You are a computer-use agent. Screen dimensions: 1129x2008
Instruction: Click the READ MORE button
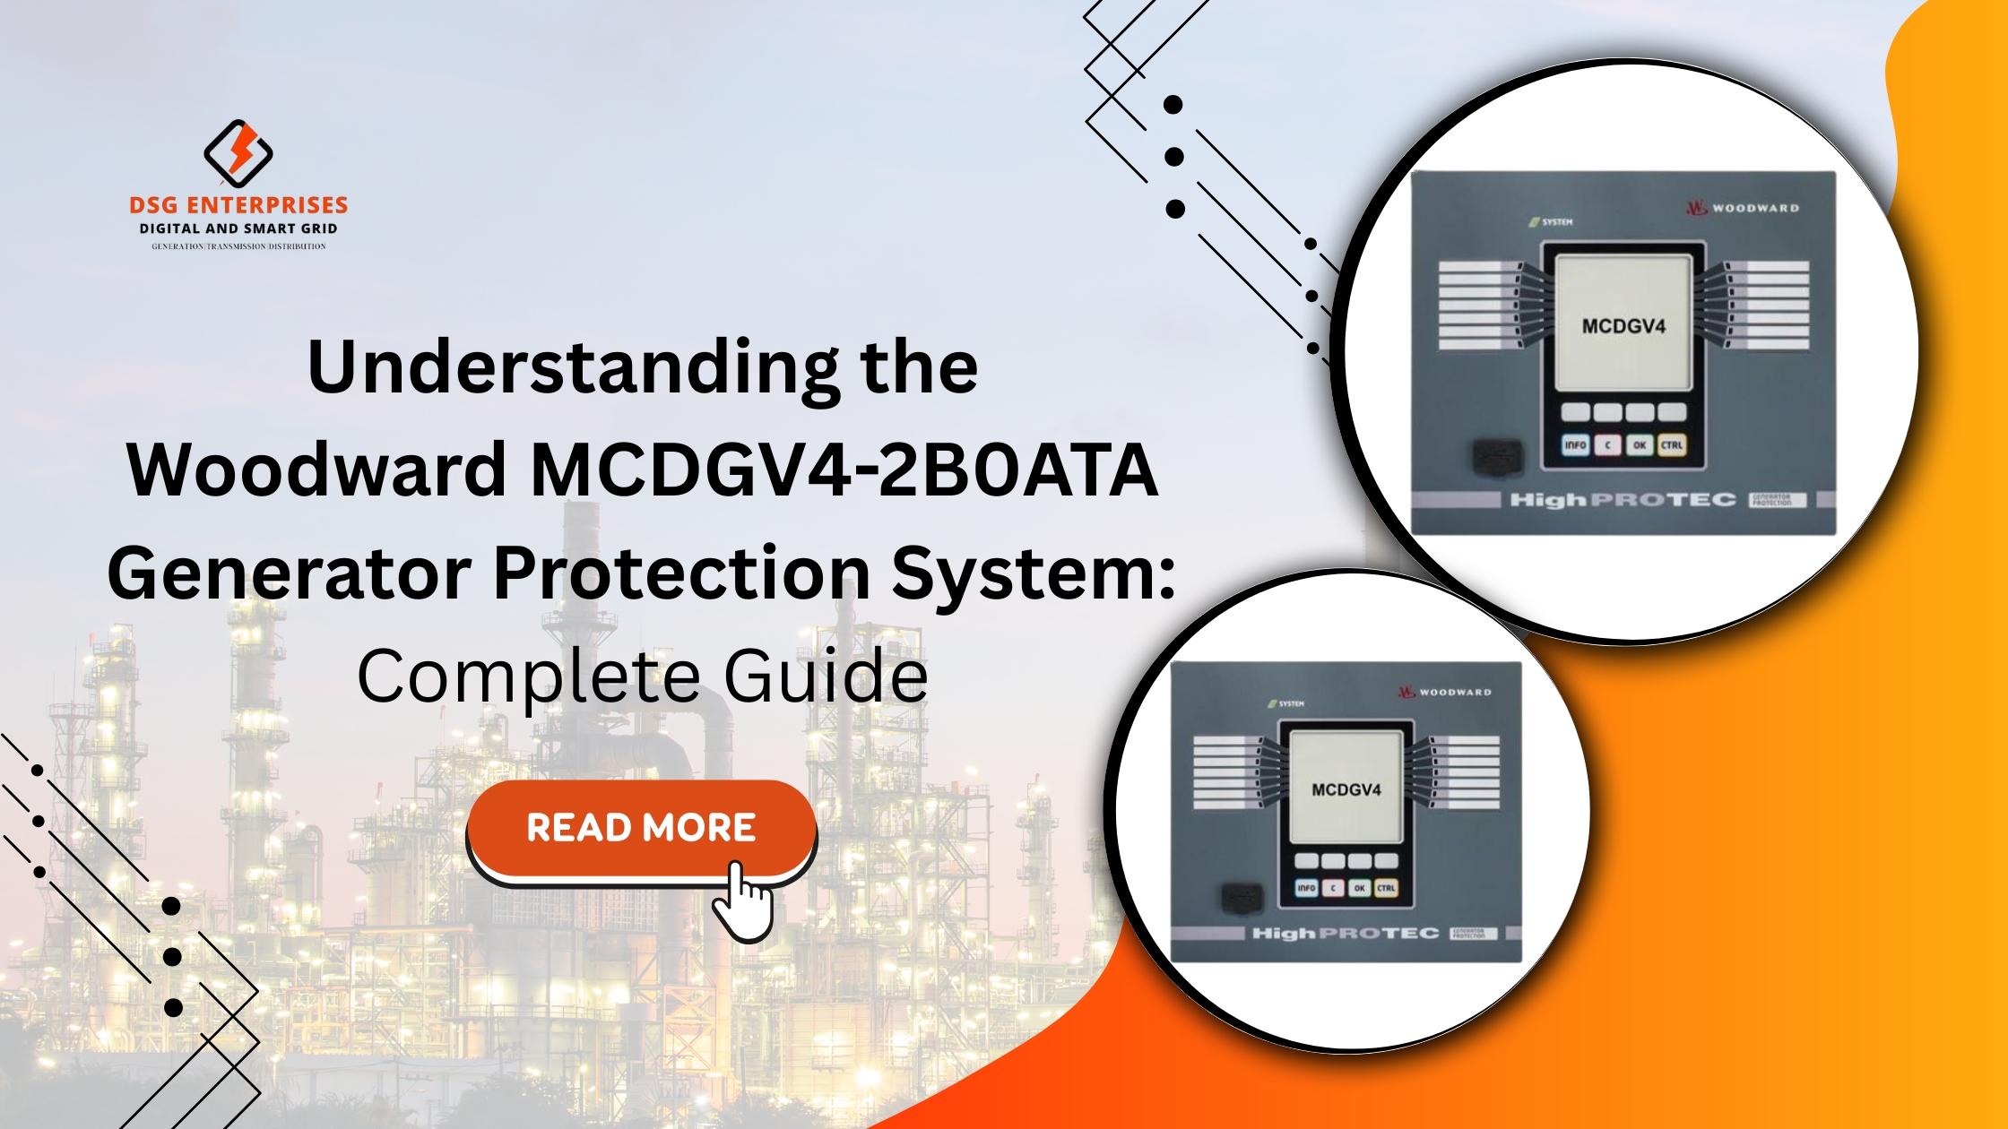click(x=640, y=827)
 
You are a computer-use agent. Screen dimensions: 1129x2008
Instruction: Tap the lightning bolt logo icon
click(x=238, y=152)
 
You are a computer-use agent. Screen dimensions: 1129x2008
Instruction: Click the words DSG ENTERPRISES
click(x=238, y=205)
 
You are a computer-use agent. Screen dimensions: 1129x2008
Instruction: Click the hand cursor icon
click(x=743, y=902)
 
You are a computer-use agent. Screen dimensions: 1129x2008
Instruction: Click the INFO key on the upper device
click(x=1575, y=444)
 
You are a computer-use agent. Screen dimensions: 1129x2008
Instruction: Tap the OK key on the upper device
click(x=1640, y=444)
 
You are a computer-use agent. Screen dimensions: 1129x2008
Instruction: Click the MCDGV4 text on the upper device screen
click(x=1623, y=326)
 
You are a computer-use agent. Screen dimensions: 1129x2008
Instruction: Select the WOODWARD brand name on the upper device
click(x=1754, y=208)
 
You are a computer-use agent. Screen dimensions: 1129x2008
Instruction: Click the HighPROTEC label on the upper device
click(x=1623, y=500)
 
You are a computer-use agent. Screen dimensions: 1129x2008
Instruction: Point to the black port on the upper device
click(x=1497, y=458)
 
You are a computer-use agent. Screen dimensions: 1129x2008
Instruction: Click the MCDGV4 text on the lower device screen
click(x=1346, y=790)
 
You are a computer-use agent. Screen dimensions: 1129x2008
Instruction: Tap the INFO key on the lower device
click(x=1307, y=888)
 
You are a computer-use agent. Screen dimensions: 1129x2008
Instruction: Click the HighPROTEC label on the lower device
click(x=1345, y=934)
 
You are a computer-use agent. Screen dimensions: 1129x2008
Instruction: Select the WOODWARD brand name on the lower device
click(x=1454, y=693)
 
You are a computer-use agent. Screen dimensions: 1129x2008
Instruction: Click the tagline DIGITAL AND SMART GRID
click(x=238, y=228)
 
